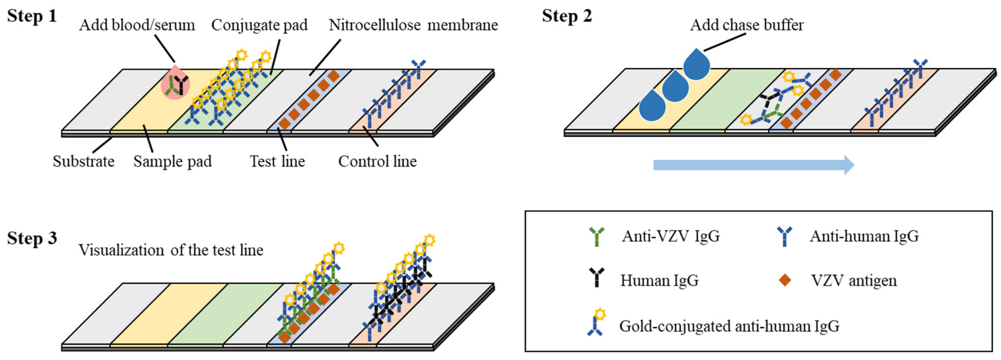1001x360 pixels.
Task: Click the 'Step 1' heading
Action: pyautogui.click(x=32, y=16)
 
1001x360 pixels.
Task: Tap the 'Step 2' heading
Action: pyautogui.click(x=567, y=16)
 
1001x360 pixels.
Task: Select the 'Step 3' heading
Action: pyautogui.click(x=32, y=238)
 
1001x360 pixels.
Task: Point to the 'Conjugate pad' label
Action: pyautogui.click(x=259, y=25)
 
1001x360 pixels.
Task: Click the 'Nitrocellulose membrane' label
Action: pyautogui.click(x=413, y=25)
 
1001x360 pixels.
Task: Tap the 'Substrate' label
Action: pyautogui.click(x=84, y=161)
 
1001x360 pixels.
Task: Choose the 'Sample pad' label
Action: pyautogui.click(x=173, y=161)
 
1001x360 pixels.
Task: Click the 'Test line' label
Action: pyautogui.click(x=277, y=161)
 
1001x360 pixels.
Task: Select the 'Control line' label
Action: pyautogui.click(x=377, y=161)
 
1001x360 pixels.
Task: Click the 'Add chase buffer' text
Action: pyautogui.click(x=746, y=25)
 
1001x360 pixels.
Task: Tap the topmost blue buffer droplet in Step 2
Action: pyautogui.click(x=696, y=66)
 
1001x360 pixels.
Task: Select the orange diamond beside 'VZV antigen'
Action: pyautogui.click(x=785, y=280)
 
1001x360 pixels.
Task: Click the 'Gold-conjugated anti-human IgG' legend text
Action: pyautogui.click(x=729, y=326)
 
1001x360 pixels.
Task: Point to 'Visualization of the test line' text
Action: pyautogui.click(x=171, y=250)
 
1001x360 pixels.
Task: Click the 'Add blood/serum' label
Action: pyautogui.click(x=137, y=25)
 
